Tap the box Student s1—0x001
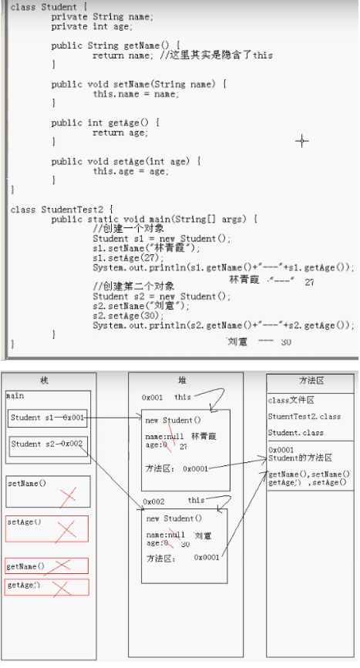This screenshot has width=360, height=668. point(49,418)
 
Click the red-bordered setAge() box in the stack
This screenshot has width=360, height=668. point(47,528)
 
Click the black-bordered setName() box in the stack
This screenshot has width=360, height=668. point(47,491)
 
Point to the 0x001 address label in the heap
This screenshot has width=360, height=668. point(153,398)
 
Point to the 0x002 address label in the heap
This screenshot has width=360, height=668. point(153,501)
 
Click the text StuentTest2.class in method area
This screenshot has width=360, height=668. point(304,417)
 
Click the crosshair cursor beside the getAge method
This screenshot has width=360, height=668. point(301,140)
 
